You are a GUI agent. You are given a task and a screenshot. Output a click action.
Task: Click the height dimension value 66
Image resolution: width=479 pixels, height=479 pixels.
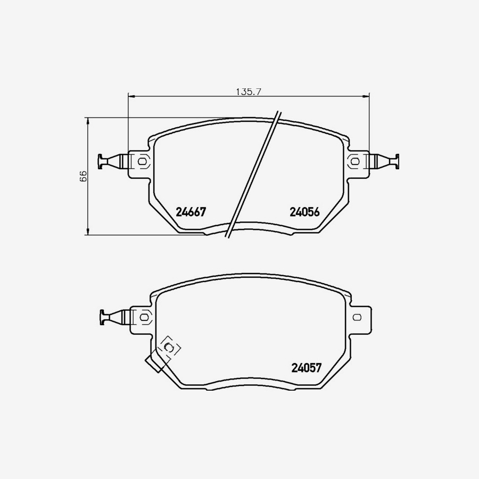click(x=84, y=177)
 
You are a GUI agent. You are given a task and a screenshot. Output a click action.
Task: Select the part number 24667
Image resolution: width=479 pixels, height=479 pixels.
click(x=191, y=212)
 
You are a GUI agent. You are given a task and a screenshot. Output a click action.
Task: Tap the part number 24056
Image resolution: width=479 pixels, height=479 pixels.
click(x=304, y=212)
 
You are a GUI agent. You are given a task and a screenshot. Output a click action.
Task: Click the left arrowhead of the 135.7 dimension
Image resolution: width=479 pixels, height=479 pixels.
click(x=131, y=96)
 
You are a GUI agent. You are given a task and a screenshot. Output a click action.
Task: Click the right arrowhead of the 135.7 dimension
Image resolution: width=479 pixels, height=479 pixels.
click(x=367, y=96)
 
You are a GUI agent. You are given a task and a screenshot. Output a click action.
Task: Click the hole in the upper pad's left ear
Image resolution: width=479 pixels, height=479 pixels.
click(x=142, y=161)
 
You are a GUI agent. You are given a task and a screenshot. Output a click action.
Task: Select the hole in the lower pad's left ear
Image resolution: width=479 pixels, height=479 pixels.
click(x=144, y=317)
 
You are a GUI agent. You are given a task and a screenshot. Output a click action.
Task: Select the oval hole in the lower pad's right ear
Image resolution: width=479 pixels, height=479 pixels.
click(x=357, y=317)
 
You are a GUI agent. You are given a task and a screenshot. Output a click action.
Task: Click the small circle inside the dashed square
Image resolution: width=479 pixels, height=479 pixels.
click(x=170, y=348)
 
